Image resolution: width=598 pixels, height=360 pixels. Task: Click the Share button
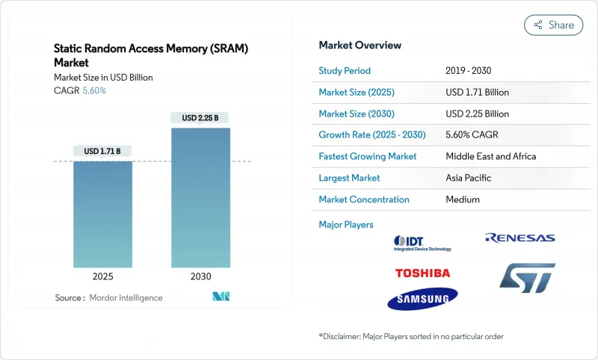(x=553, y=25)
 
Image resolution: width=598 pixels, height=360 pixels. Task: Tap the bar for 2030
(x=200, y=197)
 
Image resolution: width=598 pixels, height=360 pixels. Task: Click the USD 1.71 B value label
(x=102, y=151)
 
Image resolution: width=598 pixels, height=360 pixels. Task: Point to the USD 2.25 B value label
(x=200, y=118)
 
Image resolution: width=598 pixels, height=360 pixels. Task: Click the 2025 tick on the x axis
(x=102, y=276)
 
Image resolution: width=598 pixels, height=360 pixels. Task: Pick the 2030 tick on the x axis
(x=200, y=276)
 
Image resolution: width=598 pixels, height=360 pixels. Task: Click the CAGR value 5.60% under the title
(x=93, y=90)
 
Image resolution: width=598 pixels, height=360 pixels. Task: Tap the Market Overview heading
(x=360, y=46)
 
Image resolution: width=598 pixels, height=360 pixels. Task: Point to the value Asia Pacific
(x=469, y=178)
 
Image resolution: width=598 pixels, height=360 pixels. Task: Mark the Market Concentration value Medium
(x=463, y=199)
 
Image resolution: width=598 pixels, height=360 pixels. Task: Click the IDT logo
(x=422, y=243)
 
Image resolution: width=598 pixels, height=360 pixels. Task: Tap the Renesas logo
(x=520, y=238)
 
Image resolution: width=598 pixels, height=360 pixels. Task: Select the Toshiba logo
(x=422, y=273)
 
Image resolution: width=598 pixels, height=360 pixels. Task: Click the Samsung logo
(x=422, y=299)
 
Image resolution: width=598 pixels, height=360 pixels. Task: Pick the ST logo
(x=527, y=277)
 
